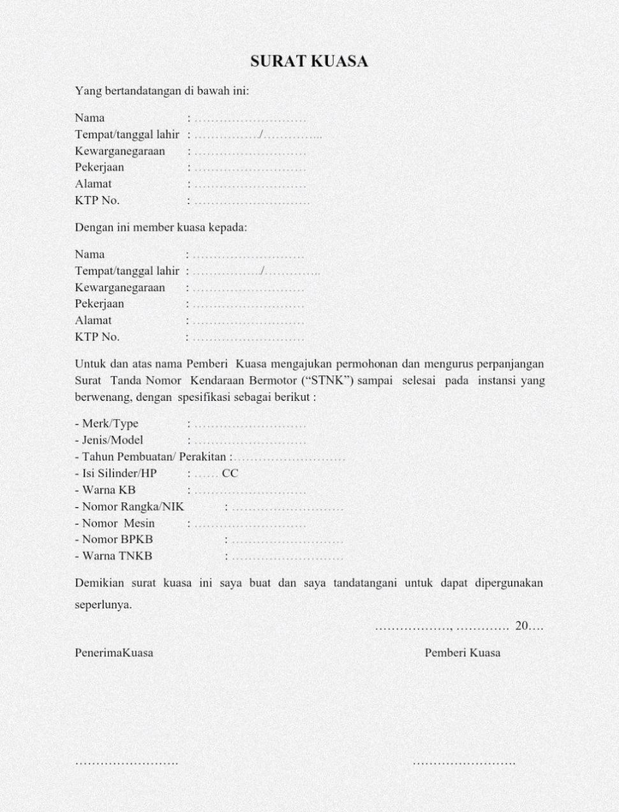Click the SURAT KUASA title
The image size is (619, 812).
[x=309, y=61]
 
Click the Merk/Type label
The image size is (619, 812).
[x=110, y=424]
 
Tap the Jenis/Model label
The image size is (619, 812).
[x=112, y=440]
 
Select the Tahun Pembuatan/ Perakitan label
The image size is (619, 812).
[x=154, y=457]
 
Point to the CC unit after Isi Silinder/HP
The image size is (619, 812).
[x=230, y=474]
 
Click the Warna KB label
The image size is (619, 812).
[x=108, y=490]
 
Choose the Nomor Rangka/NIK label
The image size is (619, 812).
[x=133, y=507]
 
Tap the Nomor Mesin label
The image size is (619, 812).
[x=118, y=523]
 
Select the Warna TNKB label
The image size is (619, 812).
[x=117, y=556]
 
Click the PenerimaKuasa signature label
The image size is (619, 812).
[x=114, y=653]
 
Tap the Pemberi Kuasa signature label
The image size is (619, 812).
[x=463, y=653]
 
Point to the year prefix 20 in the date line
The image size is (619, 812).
[x=522, y=626]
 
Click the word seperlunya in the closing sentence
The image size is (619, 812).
[x=103, y=605]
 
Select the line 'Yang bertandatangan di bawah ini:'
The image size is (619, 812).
[x=162, y=91]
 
